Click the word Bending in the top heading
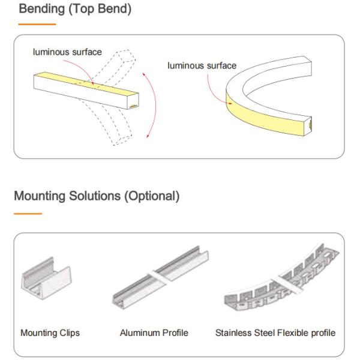[x=42, y=9]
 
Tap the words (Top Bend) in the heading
[x=100, y=9]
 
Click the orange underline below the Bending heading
[x=37, y=24]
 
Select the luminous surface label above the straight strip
[x=67, y=52]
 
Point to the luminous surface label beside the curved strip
[x=202, y=65]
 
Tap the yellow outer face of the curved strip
[x=264, y=117]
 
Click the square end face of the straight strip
[x=133, y=101]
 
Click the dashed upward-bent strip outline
[x=115, y=67]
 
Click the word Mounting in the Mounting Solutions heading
[x=40, y=196]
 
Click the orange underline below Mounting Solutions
[x=28, y=214]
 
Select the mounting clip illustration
[x=46, y=277]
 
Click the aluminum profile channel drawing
[x=161, y=278]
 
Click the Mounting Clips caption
[x=50, y=333]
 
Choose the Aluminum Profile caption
[x=154, y=332]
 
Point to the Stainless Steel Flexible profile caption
[x=275, y=333]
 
